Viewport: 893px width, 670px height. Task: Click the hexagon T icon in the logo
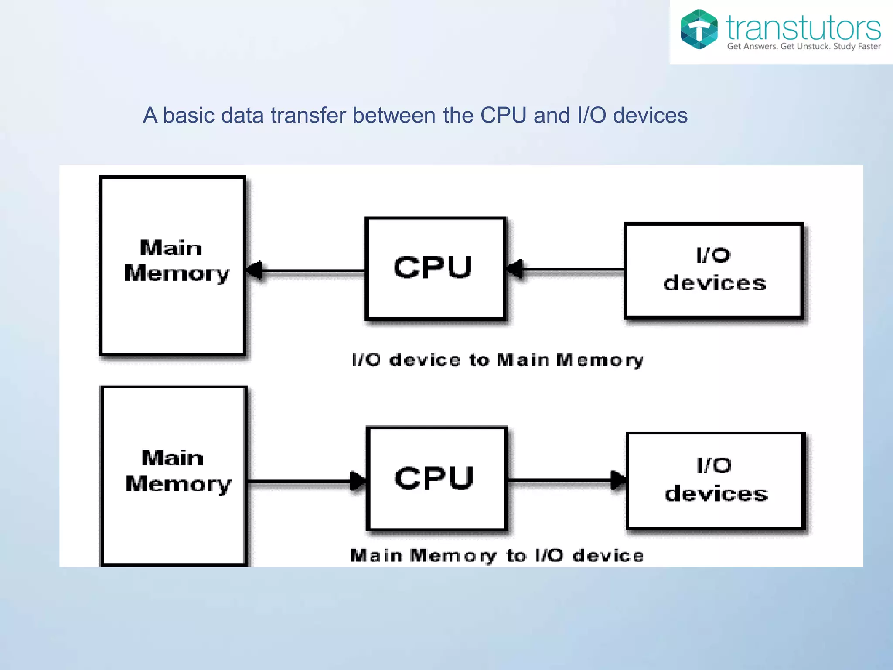[699, 29]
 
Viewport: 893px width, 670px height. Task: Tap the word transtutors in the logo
[803, 28]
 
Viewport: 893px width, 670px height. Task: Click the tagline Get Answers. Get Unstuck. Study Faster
[804, 47]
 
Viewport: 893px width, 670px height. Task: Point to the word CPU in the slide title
[503, 116]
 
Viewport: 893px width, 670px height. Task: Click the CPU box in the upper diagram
[435, 268]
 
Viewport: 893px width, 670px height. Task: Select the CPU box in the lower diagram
[436, 479]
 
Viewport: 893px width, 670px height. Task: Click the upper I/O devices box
[714, 270]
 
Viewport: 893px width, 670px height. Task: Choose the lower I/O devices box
[715, 480]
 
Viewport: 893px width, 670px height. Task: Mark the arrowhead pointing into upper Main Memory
[255, 270]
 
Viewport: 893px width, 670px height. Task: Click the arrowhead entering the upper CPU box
[515, 269]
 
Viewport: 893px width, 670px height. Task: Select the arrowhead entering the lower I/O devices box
[618, 480]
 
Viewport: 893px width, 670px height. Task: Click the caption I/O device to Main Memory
[498, 360]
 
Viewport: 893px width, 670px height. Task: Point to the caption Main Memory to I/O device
[497, 556]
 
